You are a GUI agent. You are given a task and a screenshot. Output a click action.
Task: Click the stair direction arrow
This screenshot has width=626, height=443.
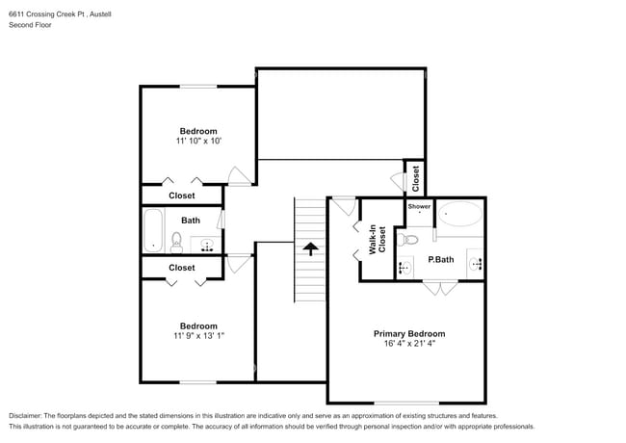310,247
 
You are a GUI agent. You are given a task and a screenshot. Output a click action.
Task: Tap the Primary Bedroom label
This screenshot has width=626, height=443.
409,333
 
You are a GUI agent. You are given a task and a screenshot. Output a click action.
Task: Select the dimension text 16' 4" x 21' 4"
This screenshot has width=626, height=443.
409,344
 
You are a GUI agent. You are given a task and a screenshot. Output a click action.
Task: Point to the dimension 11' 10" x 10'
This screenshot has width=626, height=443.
198,141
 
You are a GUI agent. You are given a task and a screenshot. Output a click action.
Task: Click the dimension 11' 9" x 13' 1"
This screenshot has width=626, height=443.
197,336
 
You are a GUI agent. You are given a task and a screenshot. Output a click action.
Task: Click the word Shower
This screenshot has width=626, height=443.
419,207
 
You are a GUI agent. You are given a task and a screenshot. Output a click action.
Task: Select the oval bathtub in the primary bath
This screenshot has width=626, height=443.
460,214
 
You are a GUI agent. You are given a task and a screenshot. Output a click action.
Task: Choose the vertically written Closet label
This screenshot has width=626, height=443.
415,177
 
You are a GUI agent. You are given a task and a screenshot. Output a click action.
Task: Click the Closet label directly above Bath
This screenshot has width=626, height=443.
182,195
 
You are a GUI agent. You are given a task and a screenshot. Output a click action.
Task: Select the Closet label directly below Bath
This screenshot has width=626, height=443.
182,268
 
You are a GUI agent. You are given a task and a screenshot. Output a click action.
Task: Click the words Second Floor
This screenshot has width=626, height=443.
30,25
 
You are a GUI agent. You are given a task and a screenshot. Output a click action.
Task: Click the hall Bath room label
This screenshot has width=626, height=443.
191,221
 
